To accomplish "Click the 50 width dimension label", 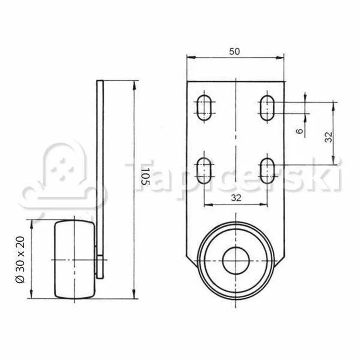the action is (234, 51).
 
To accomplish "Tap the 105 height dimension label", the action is (145, 177).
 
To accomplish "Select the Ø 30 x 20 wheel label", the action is (20, 260).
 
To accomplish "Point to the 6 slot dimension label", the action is (299, 131).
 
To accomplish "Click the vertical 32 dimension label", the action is (329, 137).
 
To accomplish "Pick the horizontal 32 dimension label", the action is (236, 197).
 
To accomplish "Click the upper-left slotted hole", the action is (204, 107).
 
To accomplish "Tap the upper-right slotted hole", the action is (267, 107).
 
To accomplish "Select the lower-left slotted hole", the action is (204, 171).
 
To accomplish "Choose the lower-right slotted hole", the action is (267, 171).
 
